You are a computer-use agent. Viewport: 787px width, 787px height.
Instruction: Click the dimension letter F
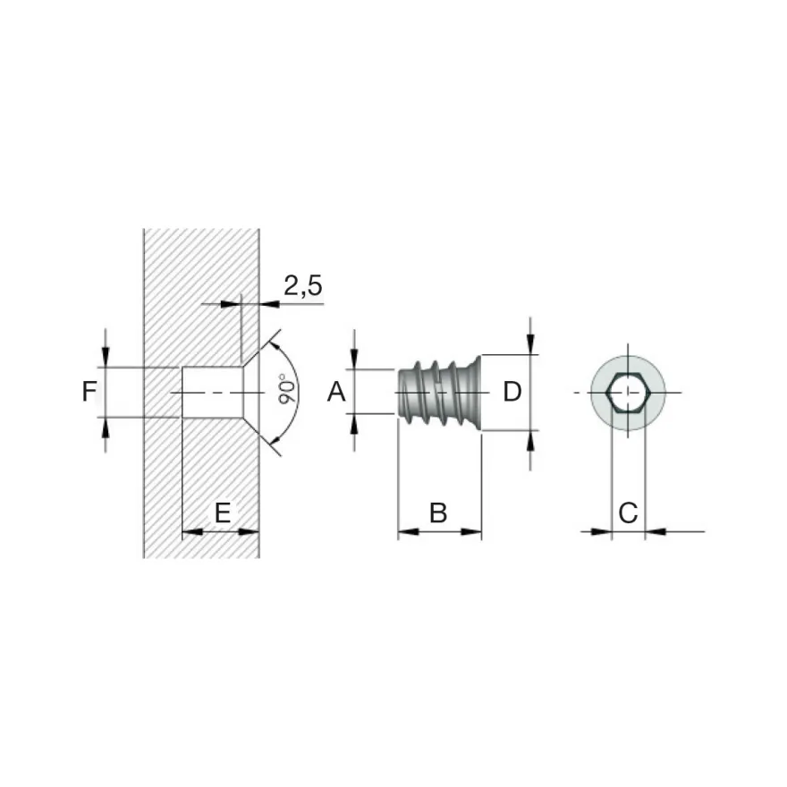coord(89,392)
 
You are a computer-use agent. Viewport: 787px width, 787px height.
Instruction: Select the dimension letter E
coord(223,513)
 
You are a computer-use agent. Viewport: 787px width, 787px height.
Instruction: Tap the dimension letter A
coord(336,392)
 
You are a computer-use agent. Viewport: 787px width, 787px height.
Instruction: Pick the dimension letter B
coord(438,513)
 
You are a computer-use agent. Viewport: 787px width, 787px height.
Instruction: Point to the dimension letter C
coord(628,513)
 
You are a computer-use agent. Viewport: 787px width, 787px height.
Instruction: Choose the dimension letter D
coord(512,392)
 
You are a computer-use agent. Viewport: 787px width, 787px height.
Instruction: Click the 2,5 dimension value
coord(302,285)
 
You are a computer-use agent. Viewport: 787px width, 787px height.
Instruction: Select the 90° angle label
coord(288,389)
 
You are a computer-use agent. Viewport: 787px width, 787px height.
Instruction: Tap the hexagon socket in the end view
coord(628,393)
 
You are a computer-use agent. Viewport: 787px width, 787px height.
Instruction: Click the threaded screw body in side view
coord(440,393)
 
